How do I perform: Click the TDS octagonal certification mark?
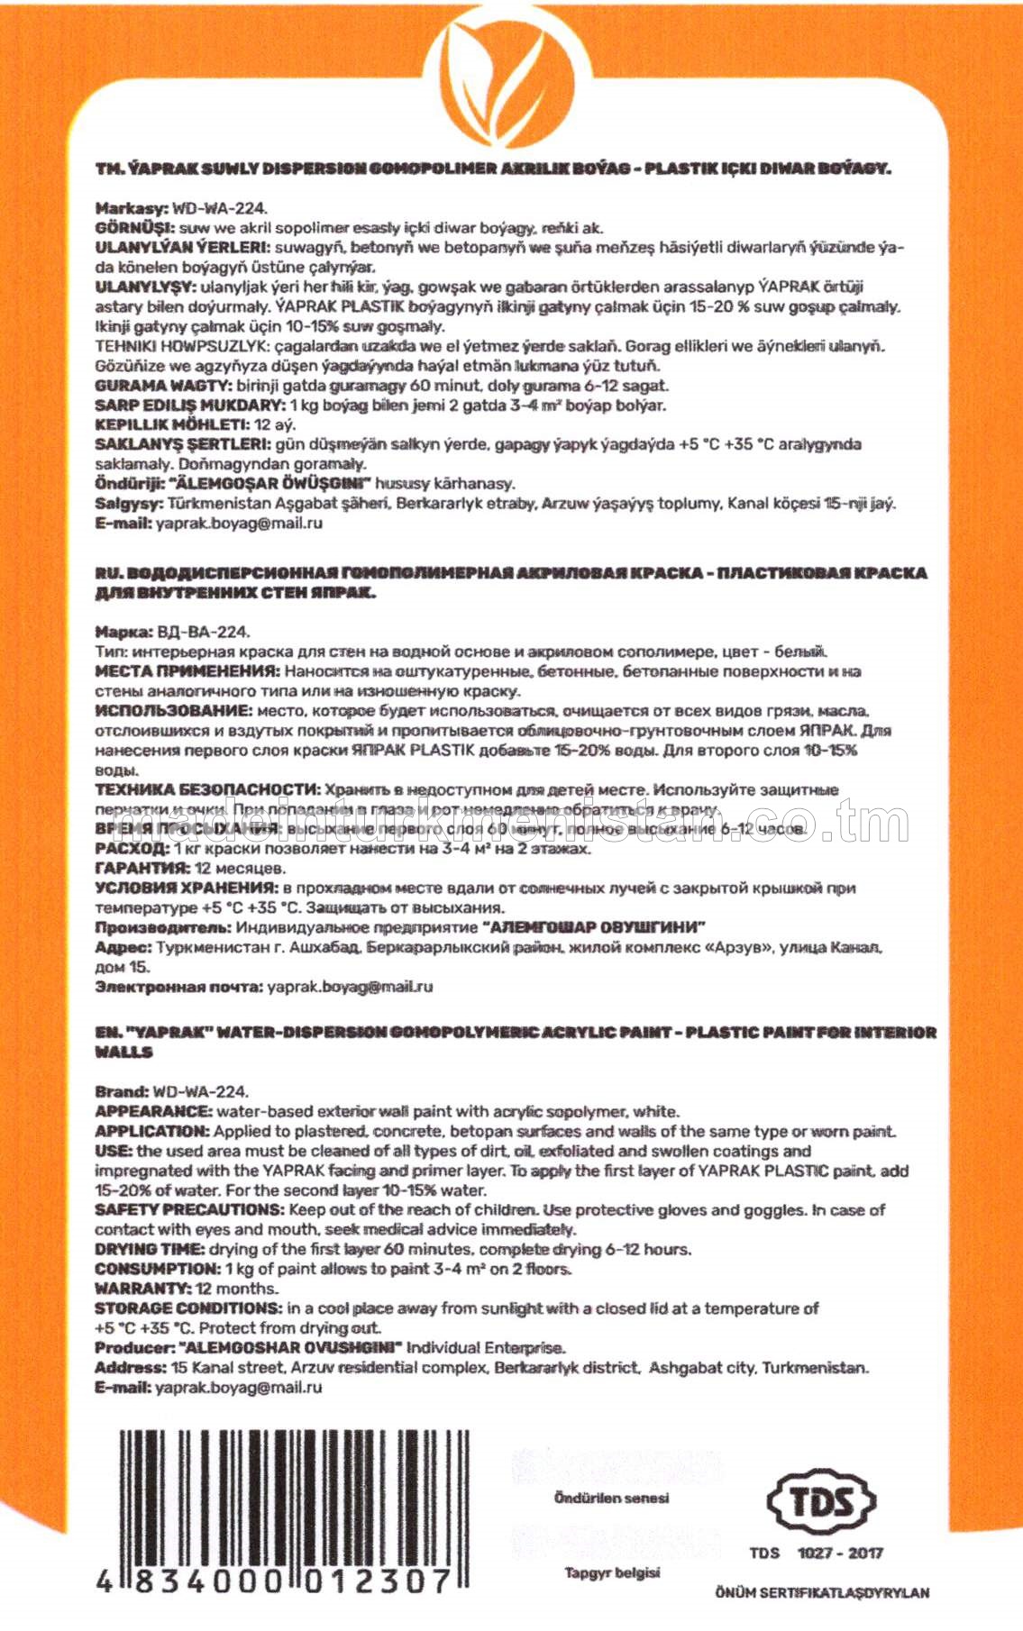pos(820,1501)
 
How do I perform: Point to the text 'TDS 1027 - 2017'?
pos(816,1553)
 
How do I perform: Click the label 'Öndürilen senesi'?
pos(611,1498)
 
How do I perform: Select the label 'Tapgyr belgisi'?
pos(612,1572)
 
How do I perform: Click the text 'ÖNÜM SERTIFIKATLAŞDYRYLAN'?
pos(822,1592)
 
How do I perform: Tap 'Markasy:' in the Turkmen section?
pos(132,208)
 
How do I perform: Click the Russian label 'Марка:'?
pos(124,632)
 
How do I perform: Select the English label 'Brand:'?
pos(122,1091)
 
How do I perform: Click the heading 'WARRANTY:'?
pos(143,1289)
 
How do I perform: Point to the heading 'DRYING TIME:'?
pos(150,1249)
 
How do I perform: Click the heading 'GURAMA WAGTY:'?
pos(152,386)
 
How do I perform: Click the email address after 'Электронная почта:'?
pos(350,987)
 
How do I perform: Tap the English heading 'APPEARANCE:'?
pos(154,1111)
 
